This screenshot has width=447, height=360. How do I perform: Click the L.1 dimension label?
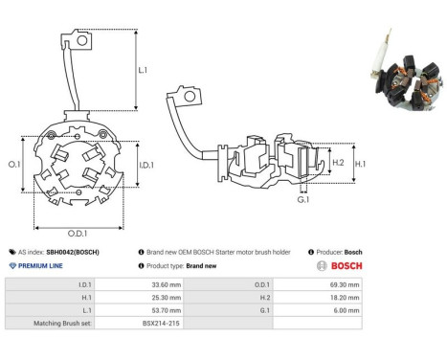coord(143,70)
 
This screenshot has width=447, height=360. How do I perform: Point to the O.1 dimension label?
coord(14,165)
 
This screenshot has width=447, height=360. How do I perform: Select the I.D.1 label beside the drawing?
coord(146,165)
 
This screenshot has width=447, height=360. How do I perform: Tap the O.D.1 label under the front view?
coord(78,234)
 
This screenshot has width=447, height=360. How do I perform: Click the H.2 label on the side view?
coord(338,163)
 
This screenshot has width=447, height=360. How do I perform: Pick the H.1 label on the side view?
coord(360,164)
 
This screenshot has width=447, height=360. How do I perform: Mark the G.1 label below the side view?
coord(303,200)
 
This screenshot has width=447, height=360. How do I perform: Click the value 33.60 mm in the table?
coord(167,284)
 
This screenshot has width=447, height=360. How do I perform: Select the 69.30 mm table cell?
coord(345,284)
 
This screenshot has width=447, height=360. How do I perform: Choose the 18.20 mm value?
coord(345,298)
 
